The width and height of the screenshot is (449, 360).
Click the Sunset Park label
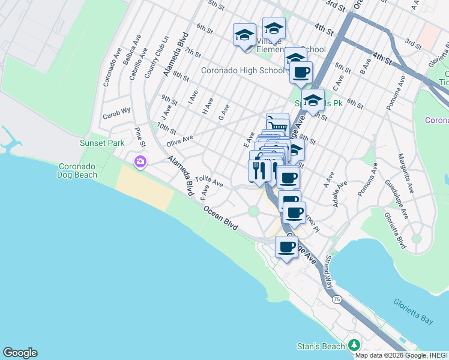(102, 143)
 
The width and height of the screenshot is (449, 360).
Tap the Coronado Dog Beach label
(83, 172)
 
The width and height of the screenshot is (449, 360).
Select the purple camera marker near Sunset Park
(140, 161)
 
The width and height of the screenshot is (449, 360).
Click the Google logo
(20, 353)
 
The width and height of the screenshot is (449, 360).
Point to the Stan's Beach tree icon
(354, 345)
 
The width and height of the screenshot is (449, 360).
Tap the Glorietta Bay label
(414, 311)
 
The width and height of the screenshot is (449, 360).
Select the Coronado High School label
(243, 70)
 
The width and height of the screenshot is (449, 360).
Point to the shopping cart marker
(277, 124)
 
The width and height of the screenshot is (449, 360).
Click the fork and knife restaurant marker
(259, 170)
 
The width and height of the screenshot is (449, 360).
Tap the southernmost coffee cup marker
(286, 246)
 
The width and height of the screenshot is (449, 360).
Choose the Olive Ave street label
(179, 140)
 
